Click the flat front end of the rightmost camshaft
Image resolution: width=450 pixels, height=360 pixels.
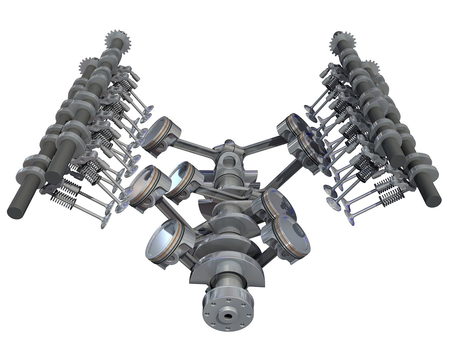433,198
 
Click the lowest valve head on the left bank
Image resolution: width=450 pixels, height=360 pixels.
106,222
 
